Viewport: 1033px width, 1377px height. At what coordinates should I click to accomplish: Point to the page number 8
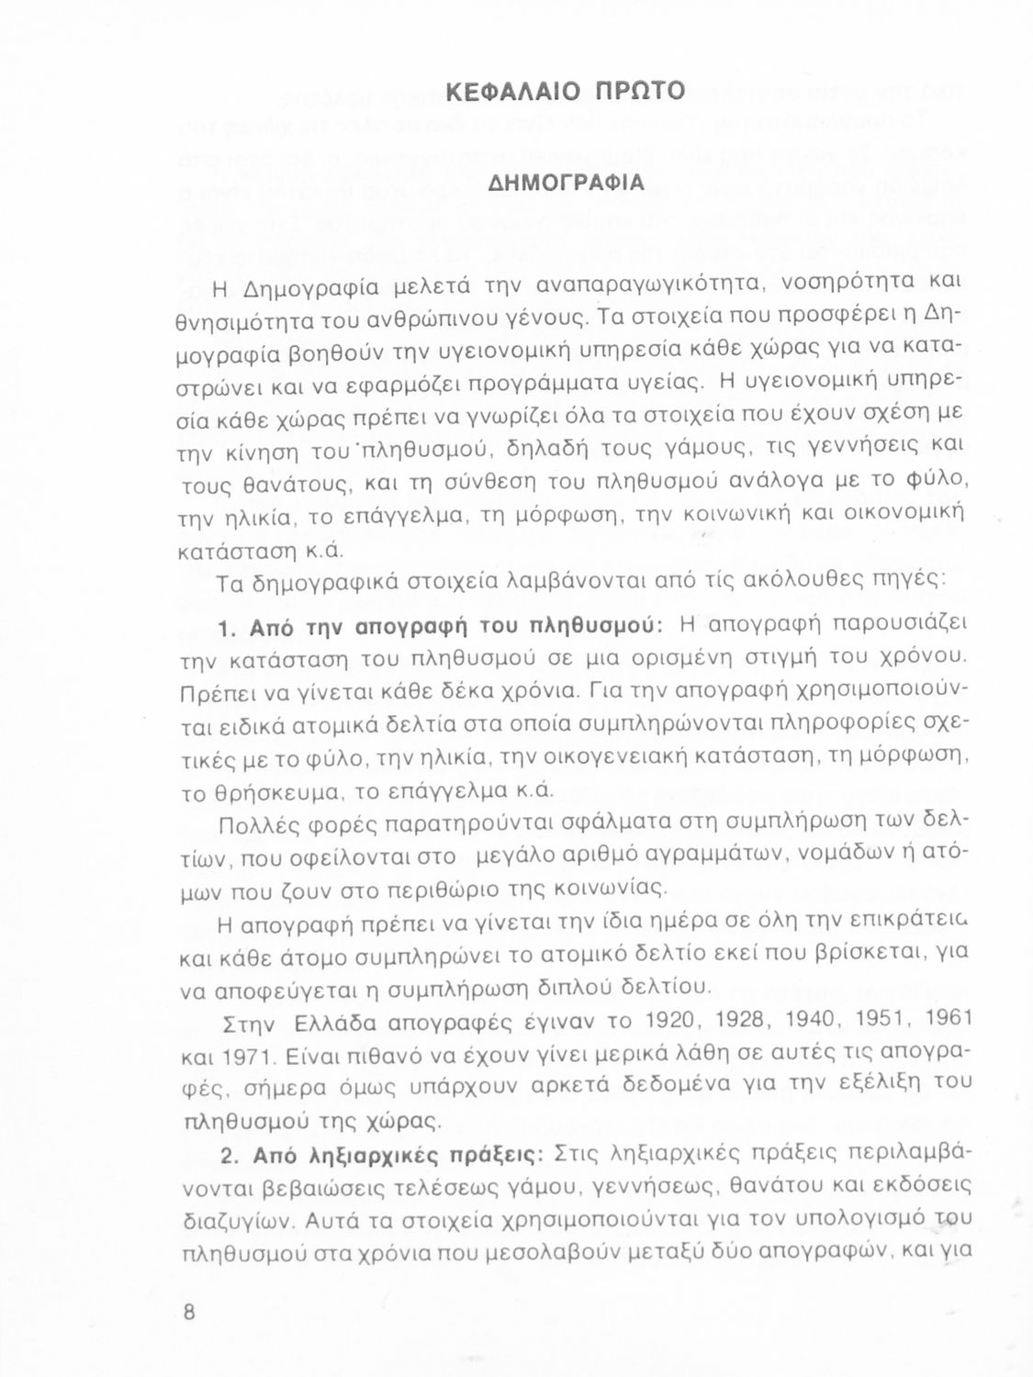click(x=190, y=1311)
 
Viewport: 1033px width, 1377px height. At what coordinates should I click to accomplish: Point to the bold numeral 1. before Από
click(x=229, y=629)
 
